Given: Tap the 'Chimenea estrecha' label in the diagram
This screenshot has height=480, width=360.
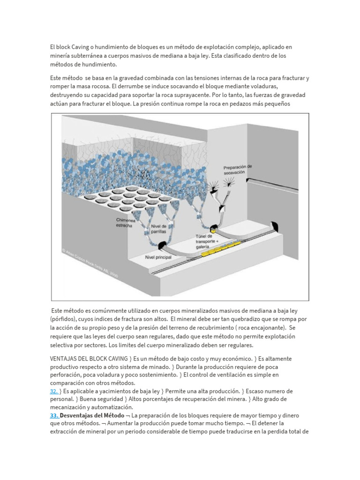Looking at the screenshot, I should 124,223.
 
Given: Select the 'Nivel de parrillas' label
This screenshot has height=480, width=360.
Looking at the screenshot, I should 159,229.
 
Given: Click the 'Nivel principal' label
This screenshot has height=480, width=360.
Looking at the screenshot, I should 158,257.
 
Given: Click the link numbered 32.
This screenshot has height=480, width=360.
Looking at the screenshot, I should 54,391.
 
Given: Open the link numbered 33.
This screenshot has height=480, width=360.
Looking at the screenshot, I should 54,416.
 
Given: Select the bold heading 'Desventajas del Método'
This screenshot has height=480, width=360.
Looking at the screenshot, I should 91,416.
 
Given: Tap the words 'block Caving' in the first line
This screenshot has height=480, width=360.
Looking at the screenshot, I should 74,47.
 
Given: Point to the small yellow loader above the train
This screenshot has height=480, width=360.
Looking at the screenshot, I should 213,230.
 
